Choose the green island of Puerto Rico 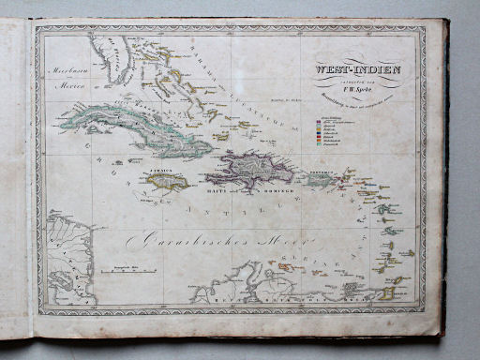click(x=319, y=181)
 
